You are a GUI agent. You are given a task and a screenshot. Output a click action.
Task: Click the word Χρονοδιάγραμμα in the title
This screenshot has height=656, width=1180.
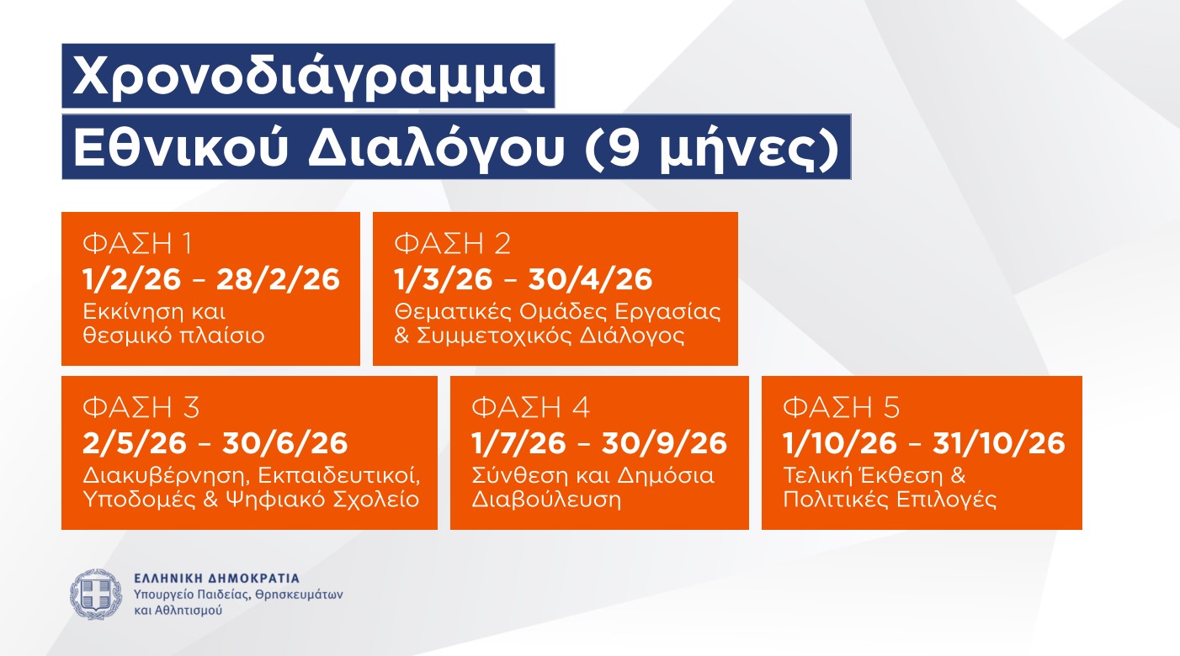[308, 77]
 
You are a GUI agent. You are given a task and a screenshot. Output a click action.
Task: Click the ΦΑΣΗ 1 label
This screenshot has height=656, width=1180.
[137, 244]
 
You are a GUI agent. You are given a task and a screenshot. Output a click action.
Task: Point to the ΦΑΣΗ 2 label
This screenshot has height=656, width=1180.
[453, 244]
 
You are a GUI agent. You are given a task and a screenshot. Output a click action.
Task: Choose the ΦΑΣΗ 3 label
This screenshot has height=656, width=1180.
[141, 408]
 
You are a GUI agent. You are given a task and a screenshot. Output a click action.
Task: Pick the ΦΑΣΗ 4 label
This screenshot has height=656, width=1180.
[530, 408]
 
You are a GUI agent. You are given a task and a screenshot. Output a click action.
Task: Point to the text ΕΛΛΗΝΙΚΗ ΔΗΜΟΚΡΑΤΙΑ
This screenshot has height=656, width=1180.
[216, 579]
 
